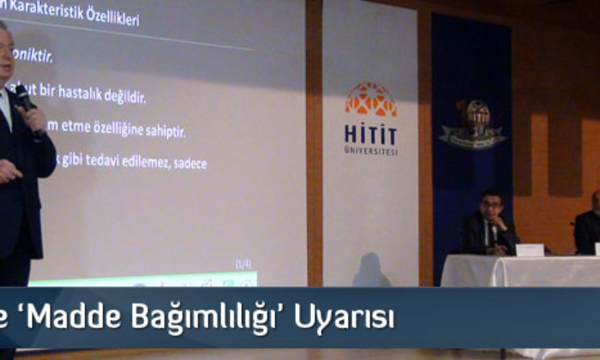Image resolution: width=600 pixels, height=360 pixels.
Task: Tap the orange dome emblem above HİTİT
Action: coord(370,99)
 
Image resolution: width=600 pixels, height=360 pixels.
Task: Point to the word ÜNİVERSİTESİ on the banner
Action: coord(370,151)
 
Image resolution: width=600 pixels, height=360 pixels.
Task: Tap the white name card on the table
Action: coord(529,249)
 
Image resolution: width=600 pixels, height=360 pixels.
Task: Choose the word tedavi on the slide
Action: coord(99,161)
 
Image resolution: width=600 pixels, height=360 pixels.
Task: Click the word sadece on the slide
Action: coord(188,163)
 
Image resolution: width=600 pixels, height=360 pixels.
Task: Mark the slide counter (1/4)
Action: coord(243,263)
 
